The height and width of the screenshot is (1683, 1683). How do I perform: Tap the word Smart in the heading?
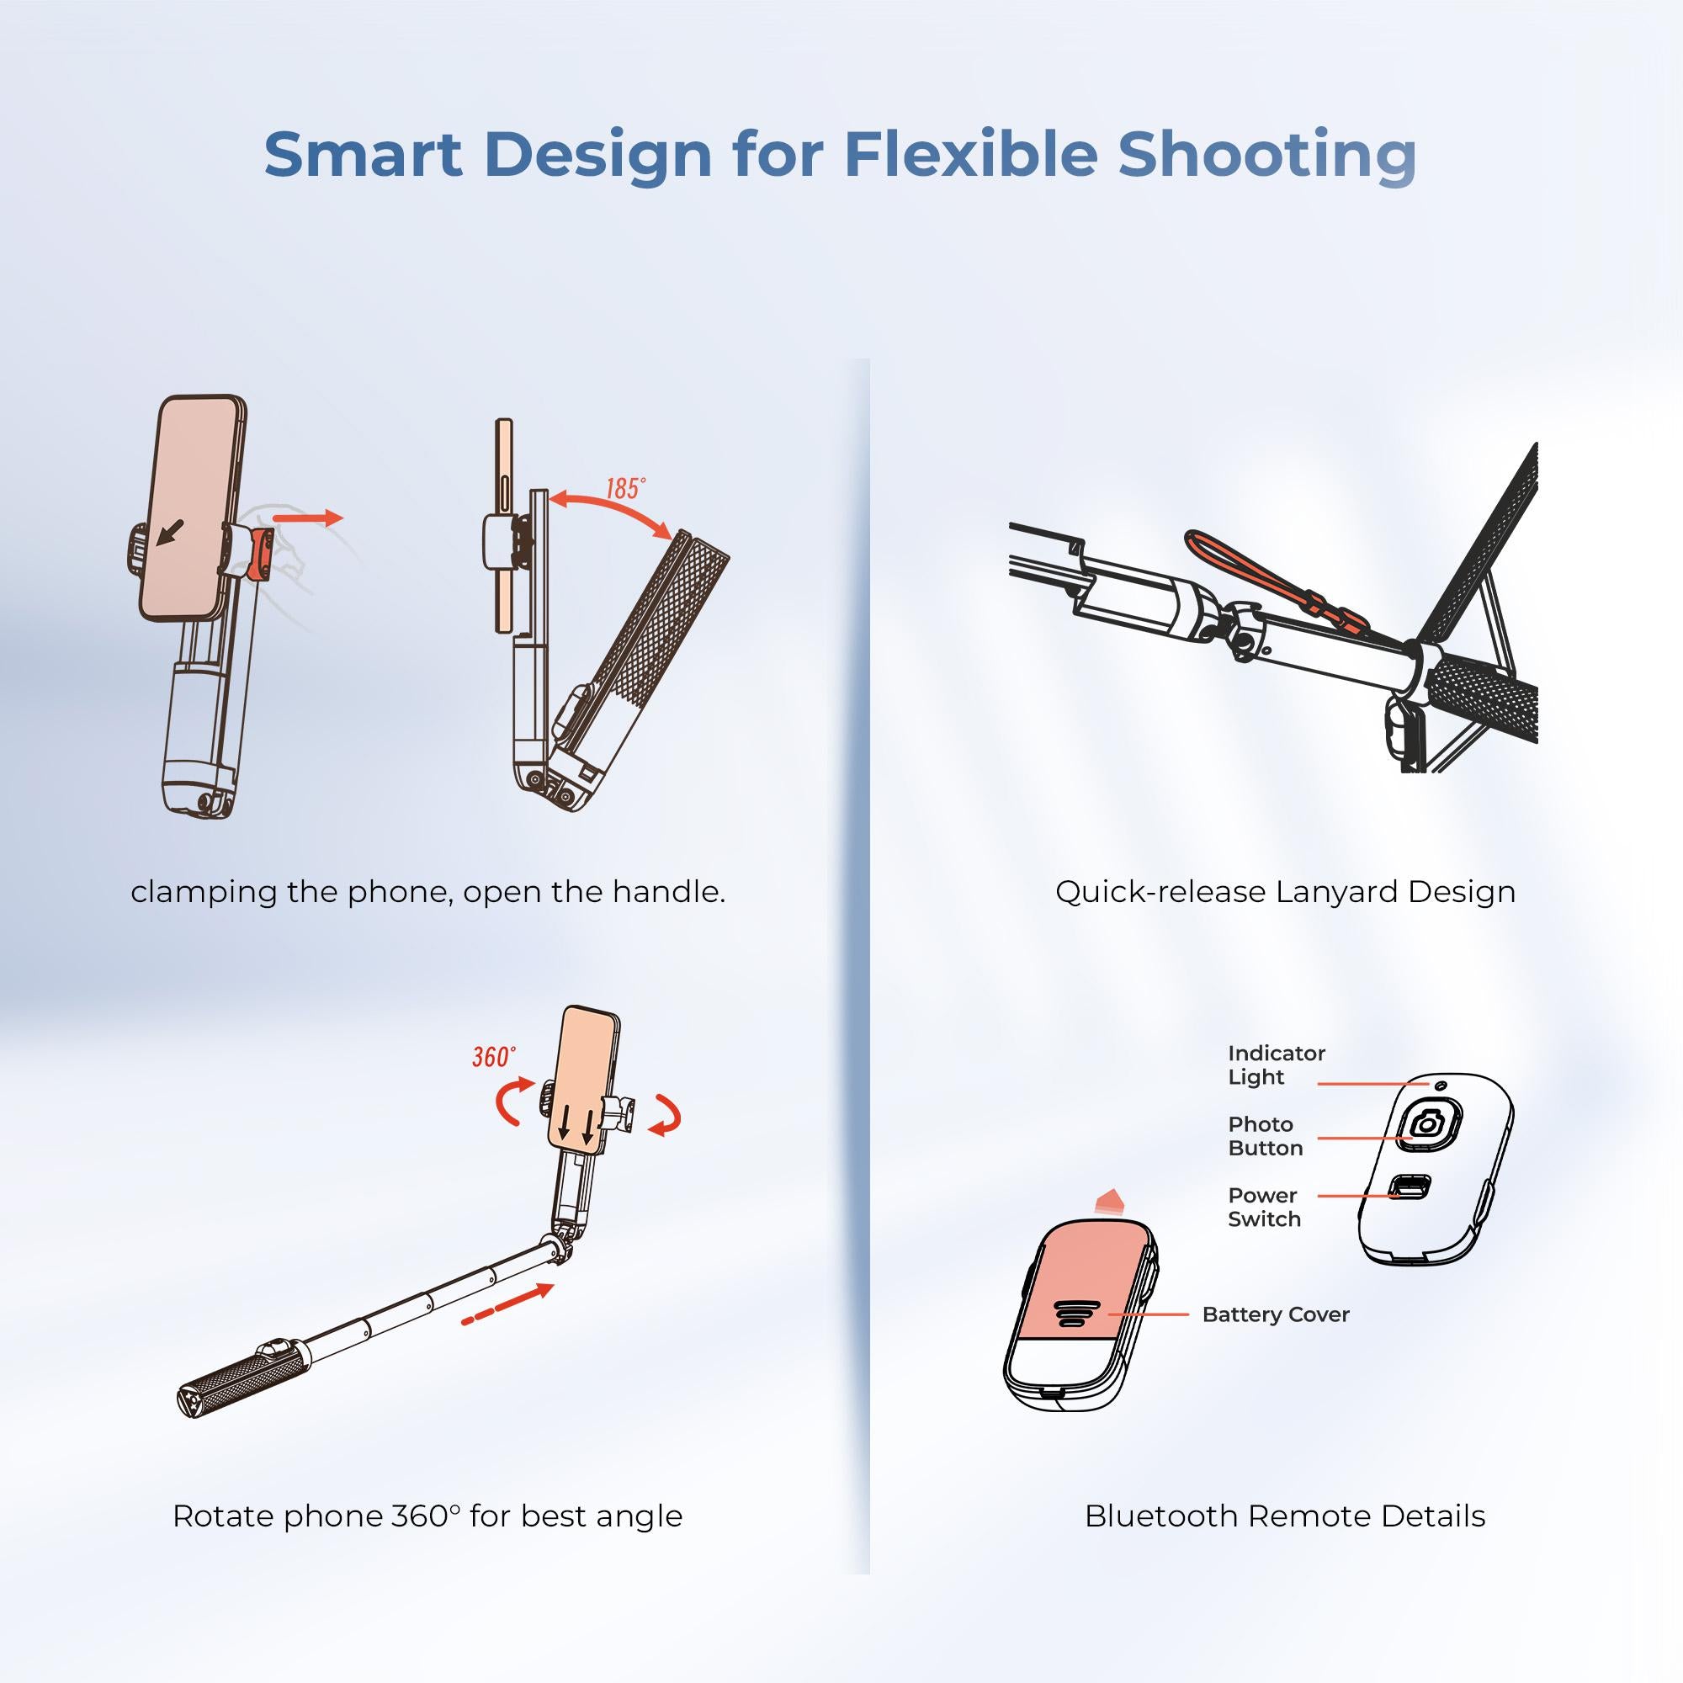363,154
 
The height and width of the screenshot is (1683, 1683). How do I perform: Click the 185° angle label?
625,488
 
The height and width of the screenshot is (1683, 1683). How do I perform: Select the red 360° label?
493,1057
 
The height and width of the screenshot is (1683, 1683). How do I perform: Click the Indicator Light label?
1276,1064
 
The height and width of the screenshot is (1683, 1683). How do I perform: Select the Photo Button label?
1265,1136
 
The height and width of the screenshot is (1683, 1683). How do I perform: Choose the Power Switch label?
1264,1207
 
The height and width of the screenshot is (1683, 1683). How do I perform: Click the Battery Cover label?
1276,1314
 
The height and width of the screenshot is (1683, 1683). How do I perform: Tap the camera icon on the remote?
1426,1123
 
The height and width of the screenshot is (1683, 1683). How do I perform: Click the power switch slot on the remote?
1410,1187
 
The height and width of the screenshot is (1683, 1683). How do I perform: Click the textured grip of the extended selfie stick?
240,1374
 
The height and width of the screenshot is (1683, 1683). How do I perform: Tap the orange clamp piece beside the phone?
259,554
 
